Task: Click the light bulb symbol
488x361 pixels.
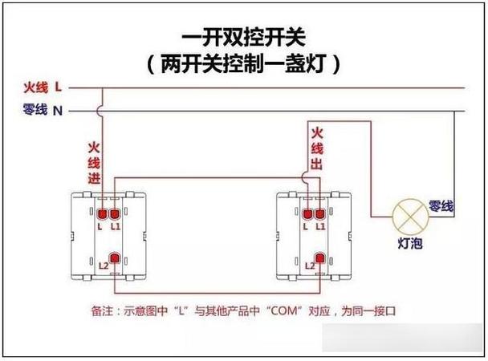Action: [x=410, y=217]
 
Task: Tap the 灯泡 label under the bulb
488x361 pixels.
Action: [x=410, y=243]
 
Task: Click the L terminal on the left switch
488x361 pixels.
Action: [x=103, y=214]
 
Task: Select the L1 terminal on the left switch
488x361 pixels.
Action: [x=115, y=214]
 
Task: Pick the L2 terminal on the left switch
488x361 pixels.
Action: [x=115, y=258]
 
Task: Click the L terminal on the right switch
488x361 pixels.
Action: [x=307, y=214]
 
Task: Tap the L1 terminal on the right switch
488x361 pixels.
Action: [x=320, y=214]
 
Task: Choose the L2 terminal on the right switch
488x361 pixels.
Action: [x=319, y=258]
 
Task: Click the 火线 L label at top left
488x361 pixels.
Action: [x=43, y=87]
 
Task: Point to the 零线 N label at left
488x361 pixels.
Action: [x=43, y=110]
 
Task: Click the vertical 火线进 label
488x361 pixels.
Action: [x=94, y=163]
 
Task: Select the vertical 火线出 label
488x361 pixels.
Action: [x=317, y=148]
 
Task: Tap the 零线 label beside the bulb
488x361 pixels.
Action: [x=441, y=206]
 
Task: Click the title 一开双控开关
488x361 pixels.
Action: [x=244, y=38]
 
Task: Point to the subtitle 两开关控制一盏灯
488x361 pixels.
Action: [x=244, y=63]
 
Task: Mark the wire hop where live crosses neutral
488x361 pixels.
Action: [x=100, y=111]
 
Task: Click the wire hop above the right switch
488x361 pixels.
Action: [x=305, y=177]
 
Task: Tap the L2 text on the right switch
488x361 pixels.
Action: [x=310, y=266]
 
